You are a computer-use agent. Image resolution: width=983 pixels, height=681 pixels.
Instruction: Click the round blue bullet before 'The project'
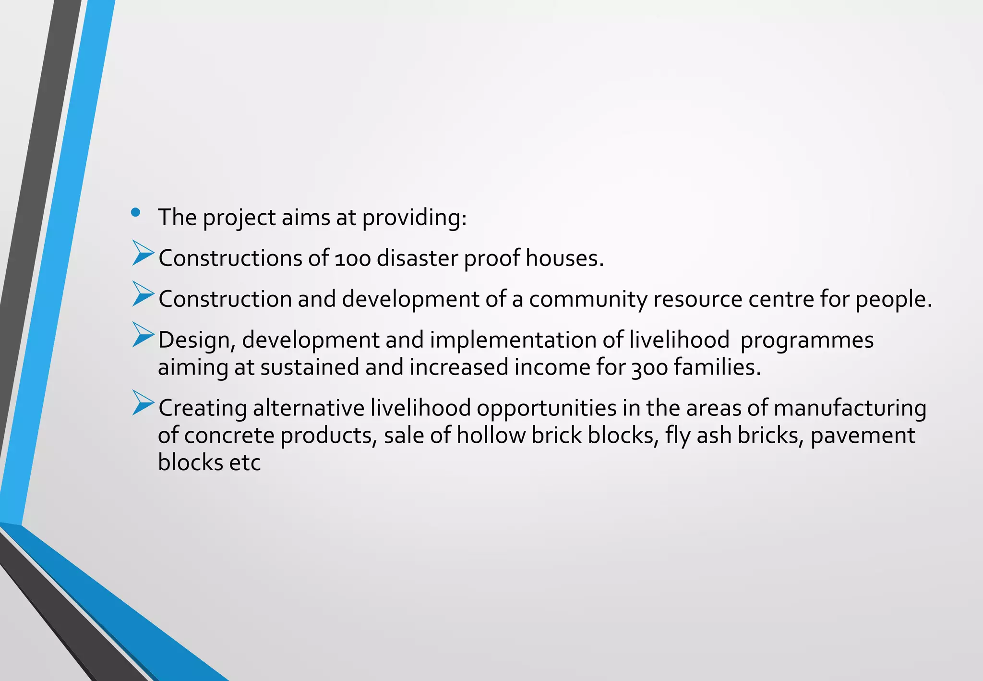pos(135,212)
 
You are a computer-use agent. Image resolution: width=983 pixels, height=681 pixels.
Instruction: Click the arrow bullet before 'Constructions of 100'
pos(143,254)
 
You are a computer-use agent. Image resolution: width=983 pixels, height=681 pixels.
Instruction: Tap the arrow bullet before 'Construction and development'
pos(143,294)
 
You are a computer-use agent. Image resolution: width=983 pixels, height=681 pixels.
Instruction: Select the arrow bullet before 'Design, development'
pos(143,335)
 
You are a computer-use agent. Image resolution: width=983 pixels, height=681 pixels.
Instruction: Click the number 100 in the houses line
pos(353,259)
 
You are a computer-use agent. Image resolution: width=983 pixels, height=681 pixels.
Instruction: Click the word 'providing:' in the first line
pos(414,218)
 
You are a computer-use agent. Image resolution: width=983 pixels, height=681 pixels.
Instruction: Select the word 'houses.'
pos(564,258)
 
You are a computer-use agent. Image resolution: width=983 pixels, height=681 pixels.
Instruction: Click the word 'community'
pos(588,300)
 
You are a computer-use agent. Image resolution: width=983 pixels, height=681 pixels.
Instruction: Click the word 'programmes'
pos(807,340)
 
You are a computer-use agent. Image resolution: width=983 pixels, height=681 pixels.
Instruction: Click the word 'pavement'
pos(863,436)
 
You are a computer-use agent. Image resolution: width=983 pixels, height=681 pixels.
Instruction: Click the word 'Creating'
pos(203,409)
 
